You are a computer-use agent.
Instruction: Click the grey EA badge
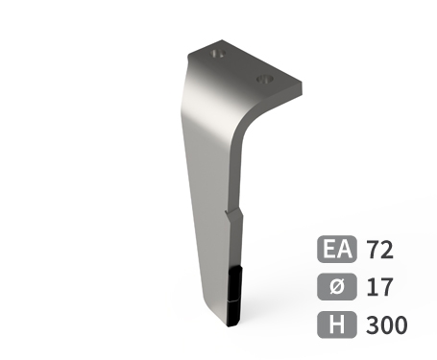(x=337, y=249)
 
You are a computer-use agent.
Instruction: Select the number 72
(x=379, y=250)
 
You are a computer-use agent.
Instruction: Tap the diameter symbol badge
(x=337, y=286)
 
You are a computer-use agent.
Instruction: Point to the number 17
(x=379, y=287)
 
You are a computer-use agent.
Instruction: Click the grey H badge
(x=337, y=324)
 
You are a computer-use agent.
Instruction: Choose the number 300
(x=387, y=324)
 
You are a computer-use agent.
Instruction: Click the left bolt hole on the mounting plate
(x=218, y=54)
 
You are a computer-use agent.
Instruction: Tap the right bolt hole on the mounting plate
(x=266, y=79)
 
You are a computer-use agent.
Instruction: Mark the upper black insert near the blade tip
(x=235, y=284)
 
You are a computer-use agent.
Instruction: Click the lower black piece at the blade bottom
(x=233, y=313)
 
